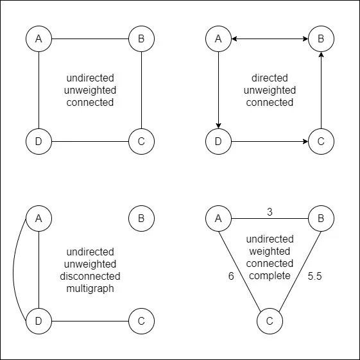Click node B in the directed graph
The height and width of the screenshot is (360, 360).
click(321, 39)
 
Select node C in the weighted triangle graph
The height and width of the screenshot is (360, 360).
click(270, 321)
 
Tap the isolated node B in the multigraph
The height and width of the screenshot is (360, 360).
click(141, 218)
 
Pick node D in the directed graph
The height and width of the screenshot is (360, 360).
click(218, 141)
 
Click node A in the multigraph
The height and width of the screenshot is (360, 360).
click(39, 218)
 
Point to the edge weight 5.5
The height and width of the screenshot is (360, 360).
click(314, 276)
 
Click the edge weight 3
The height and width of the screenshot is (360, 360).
click(270, 212)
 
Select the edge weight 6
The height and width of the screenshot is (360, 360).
click(231, 276)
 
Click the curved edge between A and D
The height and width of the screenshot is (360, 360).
click(13, 270)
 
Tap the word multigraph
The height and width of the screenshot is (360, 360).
click(90, 288)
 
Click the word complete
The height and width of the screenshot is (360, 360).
click(270, 276)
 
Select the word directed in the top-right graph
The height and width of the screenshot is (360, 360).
click(270, 78)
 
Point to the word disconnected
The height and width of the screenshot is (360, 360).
click(90, 276)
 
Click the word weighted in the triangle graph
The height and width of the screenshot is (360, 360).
click(270, 252)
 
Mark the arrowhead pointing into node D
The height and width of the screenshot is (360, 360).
click(218, 126)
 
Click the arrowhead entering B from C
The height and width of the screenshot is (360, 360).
click(321, 55)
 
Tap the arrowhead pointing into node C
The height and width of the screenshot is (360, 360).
click(305, 141)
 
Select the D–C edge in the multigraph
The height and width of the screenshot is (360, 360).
click(90, 321)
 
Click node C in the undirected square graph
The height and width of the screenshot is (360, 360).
click(141, 141)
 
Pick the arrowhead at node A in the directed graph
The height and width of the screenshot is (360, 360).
click(234, 39)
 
